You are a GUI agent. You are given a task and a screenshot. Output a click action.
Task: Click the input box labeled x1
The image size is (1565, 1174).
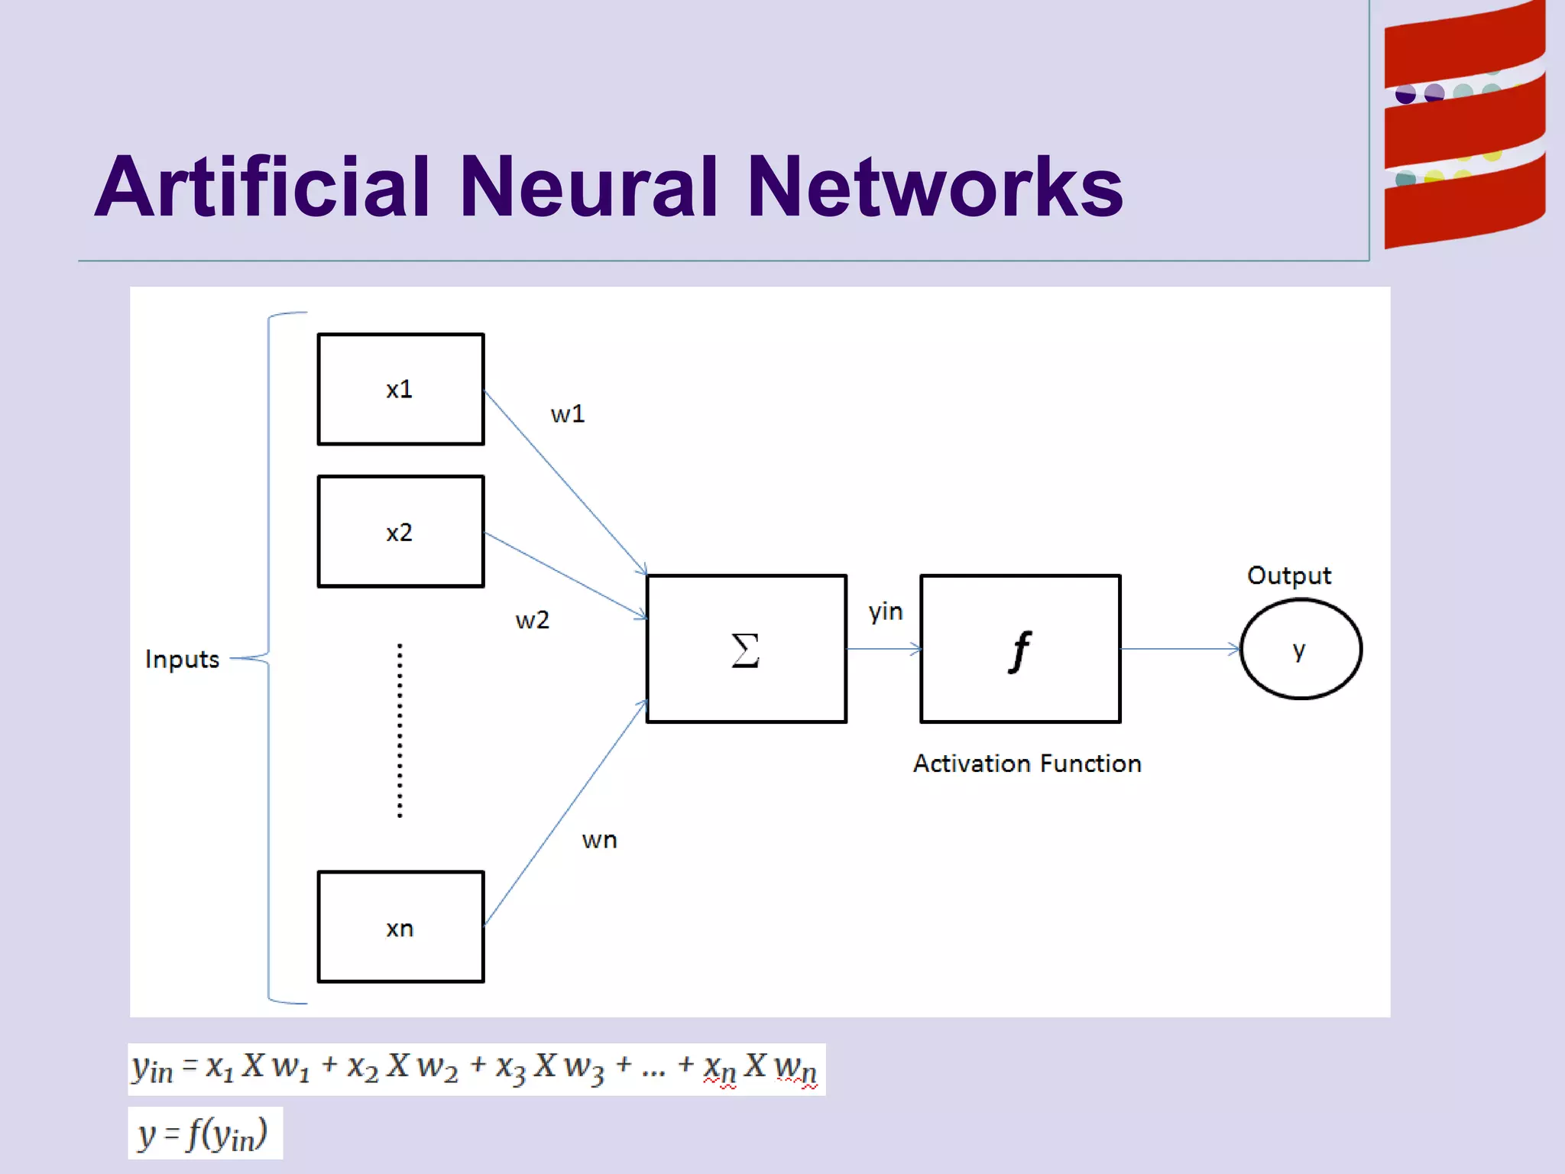[400, 389]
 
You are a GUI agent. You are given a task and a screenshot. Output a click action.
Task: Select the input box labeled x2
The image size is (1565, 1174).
[400, 531]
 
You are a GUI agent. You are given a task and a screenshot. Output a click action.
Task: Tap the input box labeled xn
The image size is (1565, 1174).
[400, 926]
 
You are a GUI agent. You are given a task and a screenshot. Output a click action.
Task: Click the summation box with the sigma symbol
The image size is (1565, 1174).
[746, 648]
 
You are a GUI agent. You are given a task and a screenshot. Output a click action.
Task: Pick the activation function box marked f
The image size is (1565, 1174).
[1020, 648]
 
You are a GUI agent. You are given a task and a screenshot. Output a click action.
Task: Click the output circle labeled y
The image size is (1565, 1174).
[1301, 649]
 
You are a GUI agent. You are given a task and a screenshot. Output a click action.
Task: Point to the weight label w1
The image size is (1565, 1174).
[568, 414]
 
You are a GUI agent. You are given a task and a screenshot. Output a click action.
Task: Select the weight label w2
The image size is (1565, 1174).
[533, 620]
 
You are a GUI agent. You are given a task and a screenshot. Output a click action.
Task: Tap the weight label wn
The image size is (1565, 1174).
[599, 840]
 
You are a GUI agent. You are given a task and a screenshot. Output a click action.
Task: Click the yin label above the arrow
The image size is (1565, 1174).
[886, 611]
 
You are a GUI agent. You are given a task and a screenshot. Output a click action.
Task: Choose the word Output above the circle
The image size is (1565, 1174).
[1289, 576]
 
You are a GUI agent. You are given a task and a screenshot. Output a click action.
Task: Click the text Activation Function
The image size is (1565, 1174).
[1027, 764]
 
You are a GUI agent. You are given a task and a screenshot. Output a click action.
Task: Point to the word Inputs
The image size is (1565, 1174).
[182, 659]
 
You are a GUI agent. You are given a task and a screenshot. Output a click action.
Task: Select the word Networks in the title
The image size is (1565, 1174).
[935, 186]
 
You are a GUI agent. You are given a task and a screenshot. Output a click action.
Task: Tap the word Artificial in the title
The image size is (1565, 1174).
[263, 186]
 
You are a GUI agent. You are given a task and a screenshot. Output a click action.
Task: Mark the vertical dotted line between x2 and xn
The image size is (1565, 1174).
[400, 731]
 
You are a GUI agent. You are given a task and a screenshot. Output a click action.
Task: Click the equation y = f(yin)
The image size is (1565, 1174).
[204, 1133]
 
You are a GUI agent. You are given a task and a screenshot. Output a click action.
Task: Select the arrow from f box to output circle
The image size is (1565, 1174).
[1179, 649]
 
